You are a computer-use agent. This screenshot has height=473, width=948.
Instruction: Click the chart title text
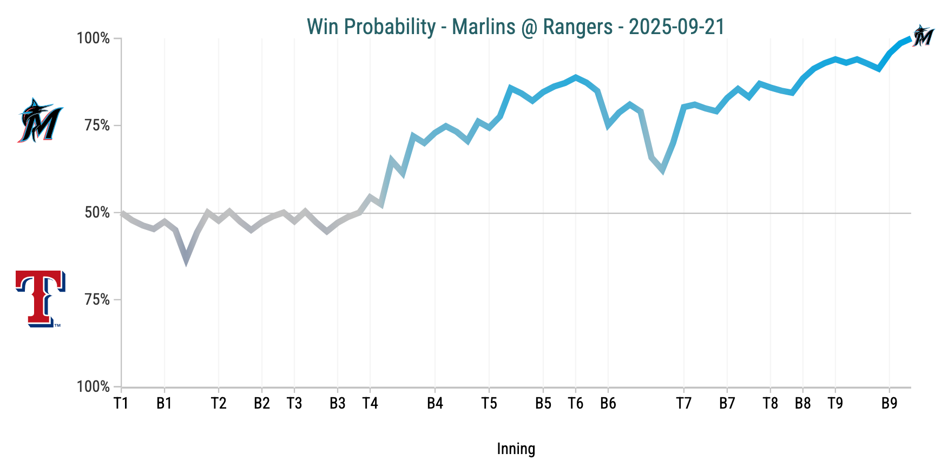[x=515, y=27]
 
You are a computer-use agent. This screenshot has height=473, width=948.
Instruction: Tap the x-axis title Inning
[x=516, y=449]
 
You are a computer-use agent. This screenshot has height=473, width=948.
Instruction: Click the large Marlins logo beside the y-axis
[x=40, y=121]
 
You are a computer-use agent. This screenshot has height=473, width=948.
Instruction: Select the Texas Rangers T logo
[x=40, y=299]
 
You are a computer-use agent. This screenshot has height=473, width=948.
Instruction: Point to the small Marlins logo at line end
[x=923, y=36]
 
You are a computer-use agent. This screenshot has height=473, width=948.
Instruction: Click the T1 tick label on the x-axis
[x=121, y=403]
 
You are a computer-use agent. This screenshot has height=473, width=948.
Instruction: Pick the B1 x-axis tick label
[x=164, y=403]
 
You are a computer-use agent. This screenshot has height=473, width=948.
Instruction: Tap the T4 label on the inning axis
[x=370, y=403]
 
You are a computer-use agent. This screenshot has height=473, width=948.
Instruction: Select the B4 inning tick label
[x=435, y=403]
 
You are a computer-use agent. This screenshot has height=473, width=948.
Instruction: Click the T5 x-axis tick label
[x=489, y=403]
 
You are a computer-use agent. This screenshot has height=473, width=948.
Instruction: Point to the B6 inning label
[x=608, y=403]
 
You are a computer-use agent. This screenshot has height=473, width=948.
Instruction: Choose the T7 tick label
[x=684, y=403]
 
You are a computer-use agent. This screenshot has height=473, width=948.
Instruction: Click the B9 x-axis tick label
[x=890, y=403]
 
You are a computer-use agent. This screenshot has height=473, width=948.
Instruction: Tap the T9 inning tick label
[x=835, y=403]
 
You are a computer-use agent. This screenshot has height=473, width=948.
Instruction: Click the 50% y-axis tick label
[x=97, y=213]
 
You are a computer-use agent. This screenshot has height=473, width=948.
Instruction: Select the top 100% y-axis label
[x=94, y=38]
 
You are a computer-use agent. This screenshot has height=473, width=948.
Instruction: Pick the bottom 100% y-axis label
[x=94, y=387]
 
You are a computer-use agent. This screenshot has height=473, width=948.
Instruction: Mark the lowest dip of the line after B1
[x=186, y=261]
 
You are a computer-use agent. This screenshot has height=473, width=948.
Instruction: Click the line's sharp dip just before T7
[x=662, y=171]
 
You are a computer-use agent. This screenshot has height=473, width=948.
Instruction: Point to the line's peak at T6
[x=576, y=77]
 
